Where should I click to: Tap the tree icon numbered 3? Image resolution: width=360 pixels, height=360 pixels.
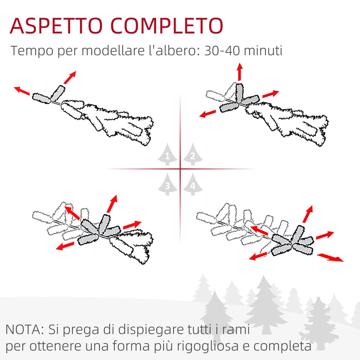(167, 184)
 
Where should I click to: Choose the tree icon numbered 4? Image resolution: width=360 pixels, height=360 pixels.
(193, 184)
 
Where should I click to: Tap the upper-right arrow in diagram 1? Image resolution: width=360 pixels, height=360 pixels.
(69, 78)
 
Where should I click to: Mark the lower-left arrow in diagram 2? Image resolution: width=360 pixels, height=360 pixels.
(209, 112)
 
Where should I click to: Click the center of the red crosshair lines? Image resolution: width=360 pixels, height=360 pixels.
(180, 169)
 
